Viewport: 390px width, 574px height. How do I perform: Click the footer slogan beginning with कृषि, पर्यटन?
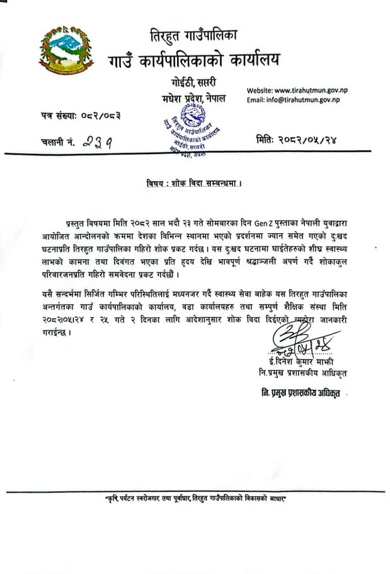(196, 500)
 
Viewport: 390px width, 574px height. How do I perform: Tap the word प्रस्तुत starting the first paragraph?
(79, 224)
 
